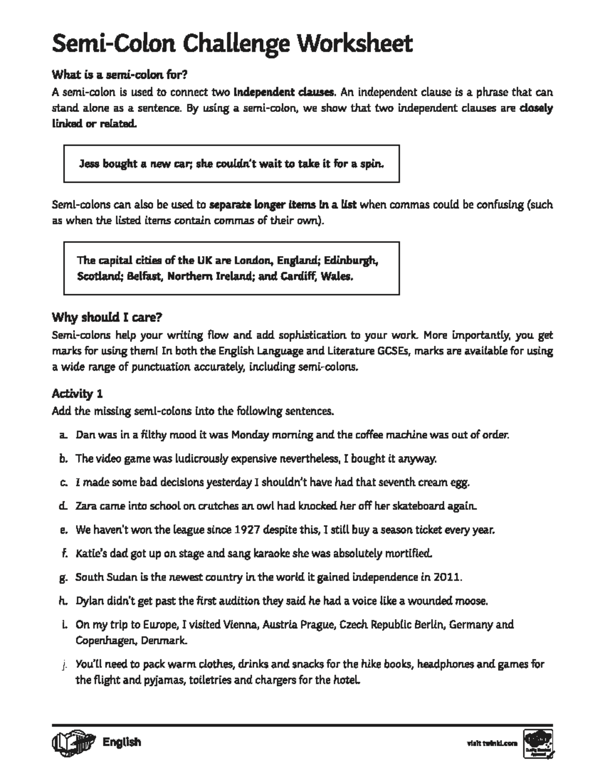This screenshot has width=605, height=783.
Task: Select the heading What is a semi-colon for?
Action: (119, 75)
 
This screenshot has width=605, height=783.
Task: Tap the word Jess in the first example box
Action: (90, 164)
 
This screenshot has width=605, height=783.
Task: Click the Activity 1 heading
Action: (77, 394)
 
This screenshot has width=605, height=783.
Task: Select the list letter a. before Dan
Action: (63, 435)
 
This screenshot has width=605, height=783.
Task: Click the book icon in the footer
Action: (73, 743)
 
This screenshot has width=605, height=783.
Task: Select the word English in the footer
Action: (122, 742)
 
